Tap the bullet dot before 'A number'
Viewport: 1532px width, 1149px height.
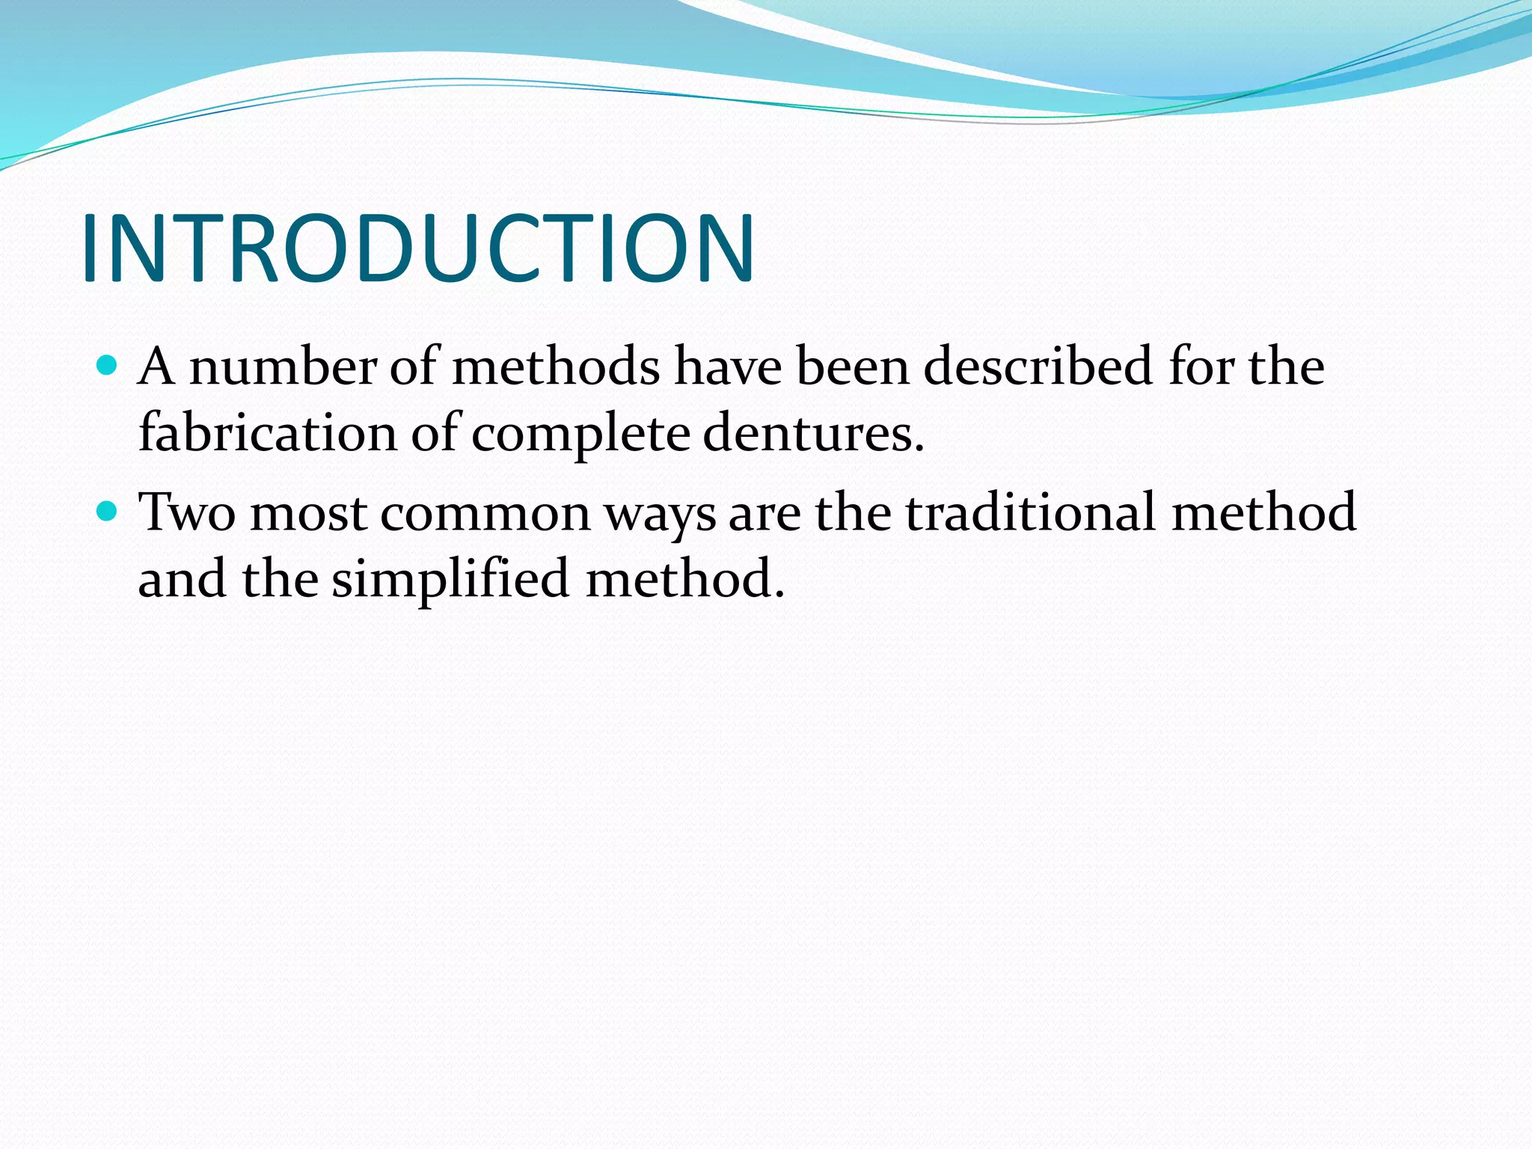click(108, 366)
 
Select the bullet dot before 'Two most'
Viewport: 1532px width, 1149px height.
click(108, 512)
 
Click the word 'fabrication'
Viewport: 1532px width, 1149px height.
click(267, 433)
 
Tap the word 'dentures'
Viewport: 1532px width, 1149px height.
click(808, 434)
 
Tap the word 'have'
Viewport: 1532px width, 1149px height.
click(726, 367)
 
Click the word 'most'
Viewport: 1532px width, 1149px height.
click(308, 515)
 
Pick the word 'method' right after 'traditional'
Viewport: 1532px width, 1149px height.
click(1263, 513)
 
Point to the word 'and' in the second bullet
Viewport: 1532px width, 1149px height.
click(183, 579)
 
